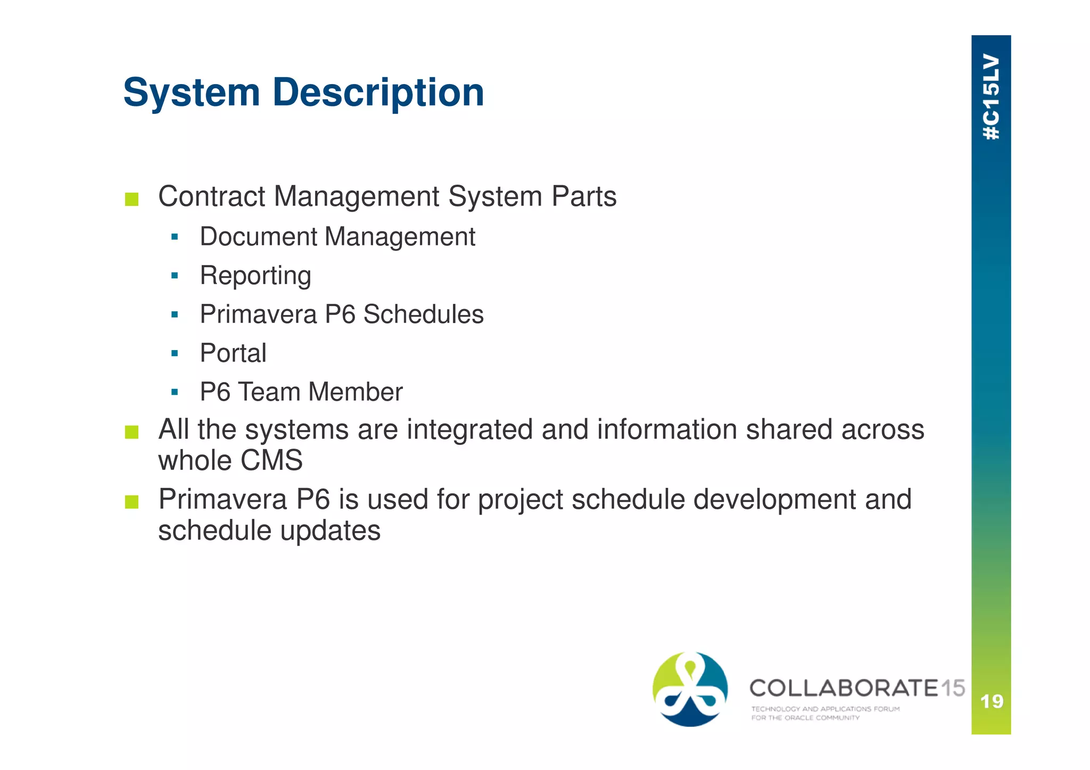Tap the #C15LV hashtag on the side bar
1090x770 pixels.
pos(991,97)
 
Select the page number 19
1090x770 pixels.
pos(992,701)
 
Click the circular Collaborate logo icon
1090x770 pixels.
pos(690,689)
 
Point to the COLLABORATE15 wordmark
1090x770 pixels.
pos(856,688)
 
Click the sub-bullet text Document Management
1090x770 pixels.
pos(337,237)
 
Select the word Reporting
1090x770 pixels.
pos(255,276)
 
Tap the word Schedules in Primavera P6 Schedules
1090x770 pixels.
pos(424,314)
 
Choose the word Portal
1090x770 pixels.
pos(233,353)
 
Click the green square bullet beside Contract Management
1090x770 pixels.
pos(131,200)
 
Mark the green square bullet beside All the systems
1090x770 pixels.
pos(131,432)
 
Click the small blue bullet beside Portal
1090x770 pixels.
pos(175,353)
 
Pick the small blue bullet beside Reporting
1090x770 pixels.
pos(175,276)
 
